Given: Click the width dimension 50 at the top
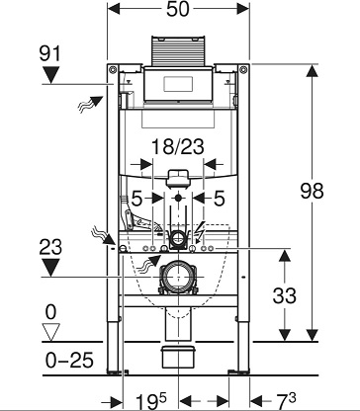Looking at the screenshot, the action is [x=178, y=9].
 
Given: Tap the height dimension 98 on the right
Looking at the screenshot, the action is [x=312, y=191].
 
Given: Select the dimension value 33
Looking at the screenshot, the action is [x=285, y=295].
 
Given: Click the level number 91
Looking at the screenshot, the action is [x=50, y=53].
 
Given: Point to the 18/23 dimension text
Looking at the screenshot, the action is [x=178, y=146].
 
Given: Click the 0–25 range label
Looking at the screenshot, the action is [x=69, y=360].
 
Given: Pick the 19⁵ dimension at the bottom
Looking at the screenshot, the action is [x=151, y=401].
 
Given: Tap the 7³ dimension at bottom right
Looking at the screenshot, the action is [x=286, y=401].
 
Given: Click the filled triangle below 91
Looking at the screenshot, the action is [x=51, y=75].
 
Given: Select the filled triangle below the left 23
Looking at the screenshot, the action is [x=51, y=268].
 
